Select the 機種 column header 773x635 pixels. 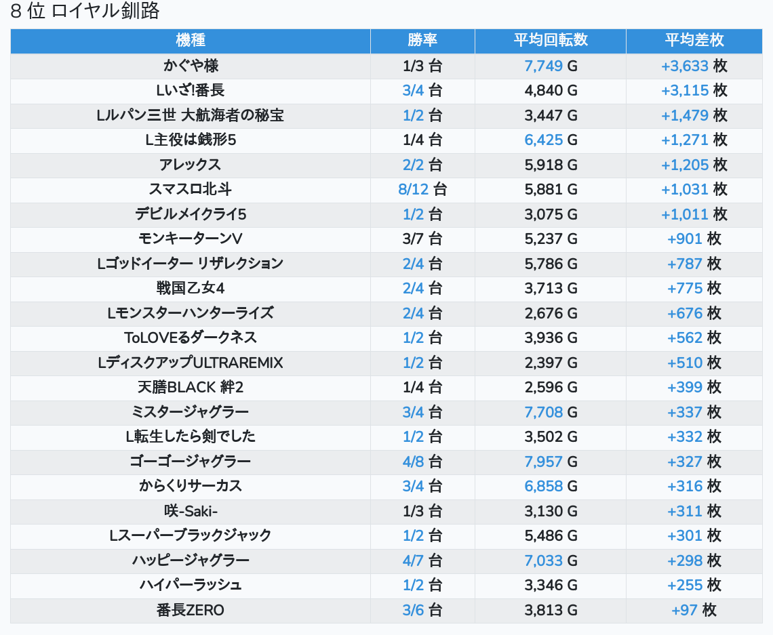point(191,41)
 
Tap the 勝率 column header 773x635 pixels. point(422,41)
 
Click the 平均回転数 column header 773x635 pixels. point(551,41)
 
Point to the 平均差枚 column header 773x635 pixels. point(694,41)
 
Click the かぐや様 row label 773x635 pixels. point(191,66)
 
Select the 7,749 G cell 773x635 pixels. point(551,66)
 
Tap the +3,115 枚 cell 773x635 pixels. point(694,90)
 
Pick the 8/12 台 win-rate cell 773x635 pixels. point(422,189)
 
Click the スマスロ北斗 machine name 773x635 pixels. point(191,189)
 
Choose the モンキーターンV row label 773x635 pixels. point(191,239)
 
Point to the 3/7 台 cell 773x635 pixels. point(422,239)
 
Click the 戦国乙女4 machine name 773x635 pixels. point(191,288)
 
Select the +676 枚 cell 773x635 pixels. point(694,313)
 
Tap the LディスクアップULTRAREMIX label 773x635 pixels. point(191,363)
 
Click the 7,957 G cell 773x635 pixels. point(551,462)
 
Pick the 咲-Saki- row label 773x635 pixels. point(191,511)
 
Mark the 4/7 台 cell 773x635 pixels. point(422,560)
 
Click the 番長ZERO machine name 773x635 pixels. point(191,610)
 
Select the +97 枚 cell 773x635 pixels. point(694,610)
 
